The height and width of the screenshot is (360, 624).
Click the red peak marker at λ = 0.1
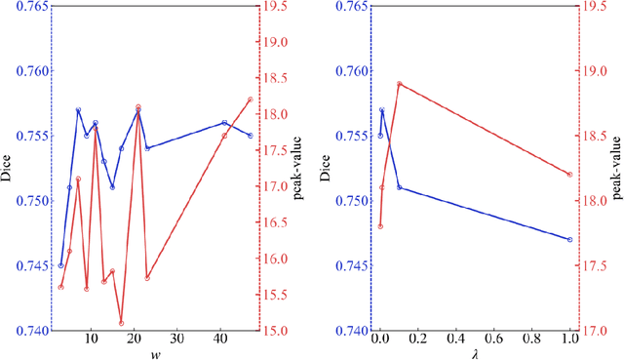[400, 84]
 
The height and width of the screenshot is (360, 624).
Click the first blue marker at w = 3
[60, 265]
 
